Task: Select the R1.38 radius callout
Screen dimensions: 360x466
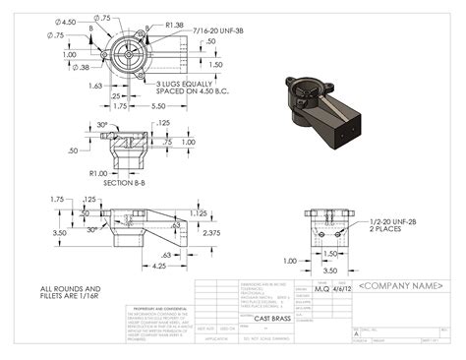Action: tap(175, 26)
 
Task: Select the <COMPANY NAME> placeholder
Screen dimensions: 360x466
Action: tap(404, 286)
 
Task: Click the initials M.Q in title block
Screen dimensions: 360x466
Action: tap(321, 289)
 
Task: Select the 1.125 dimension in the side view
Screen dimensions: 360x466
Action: tap(199, 211)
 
